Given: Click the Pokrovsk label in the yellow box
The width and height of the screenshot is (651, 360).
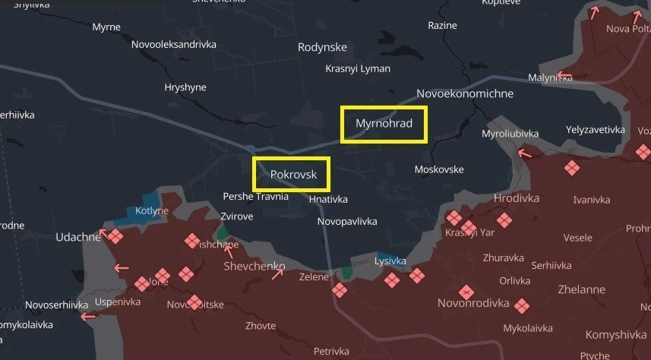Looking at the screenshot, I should pos(292,174).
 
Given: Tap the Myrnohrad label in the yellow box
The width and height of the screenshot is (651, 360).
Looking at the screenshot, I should pos(384,123).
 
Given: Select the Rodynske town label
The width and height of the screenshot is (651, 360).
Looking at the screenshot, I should pos(322,47).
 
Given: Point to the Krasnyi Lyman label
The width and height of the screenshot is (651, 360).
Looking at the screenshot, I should pos(357,69).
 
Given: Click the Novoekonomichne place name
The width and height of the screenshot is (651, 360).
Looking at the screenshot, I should pos(465,93).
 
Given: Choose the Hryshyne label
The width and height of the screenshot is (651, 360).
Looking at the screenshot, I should pos(185,87).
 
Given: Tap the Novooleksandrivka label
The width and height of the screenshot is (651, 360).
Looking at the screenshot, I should pos(173,45).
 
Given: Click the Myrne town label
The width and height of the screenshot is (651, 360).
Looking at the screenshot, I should pos(106,27).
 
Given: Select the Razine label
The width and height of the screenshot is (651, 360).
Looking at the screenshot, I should pos(442,25).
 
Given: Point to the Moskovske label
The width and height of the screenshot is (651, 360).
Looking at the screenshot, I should pos(439,169).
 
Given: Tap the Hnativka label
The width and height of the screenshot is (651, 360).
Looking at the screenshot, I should pos(328,199).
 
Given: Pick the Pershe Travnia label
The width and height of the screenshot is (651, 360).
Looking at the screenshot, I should pos(255,196).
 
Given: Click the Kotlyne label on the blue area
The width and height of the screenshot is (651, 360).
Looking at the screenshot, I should pos(152,210).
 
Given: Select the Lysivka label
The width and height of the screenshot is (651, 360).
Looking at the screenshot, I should pos(390,261).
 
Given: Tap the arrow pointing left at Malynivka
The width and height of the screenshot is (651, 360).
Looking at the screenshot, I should pos(563,76).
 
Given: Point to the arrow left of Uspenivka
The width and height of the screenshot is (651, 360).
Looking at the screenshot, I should pos(88,317).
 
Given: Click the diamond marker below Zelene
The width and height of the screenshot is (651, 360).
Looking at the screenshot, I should pos(340,290).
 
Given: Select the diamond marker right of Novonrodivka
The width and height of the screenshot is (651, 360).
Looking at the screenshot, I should pos(521,306).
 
